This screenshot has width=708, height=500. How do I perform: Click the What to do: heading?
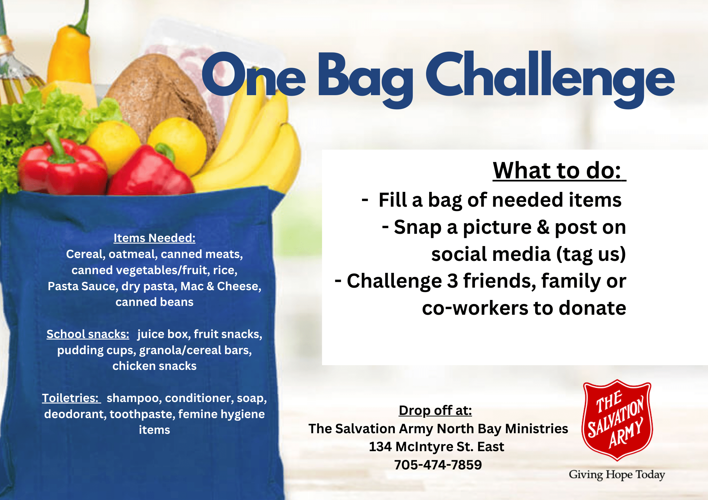[x=559, y=170]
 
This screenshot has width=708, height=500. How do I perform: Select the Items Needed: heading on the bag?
[x=155, y=238]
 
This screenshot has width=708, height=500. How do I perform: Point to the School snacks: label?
[x=88, y=334]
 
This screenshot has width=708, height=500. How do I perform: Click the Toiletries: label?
[x=71, y=398]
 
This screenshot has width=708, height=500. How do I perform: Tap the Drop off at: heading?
[x=435, y=411]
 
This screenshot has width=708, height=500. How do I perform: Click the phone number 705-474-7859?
[x=438, y=465]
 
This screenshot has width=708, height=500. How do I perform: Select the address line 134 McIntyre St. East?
[x=436, y=447]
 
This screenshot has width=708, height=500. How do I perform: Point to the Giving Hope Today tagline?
[x=617, y=475]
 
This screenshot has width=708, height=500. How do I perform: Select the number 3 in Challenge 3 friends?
[x=453, y=281]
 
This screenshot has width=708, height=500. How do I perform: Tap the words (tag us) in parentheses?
[x=591, y=254]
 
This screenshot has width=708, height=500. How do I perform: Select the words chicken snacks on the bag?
[x=155, y=366]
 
